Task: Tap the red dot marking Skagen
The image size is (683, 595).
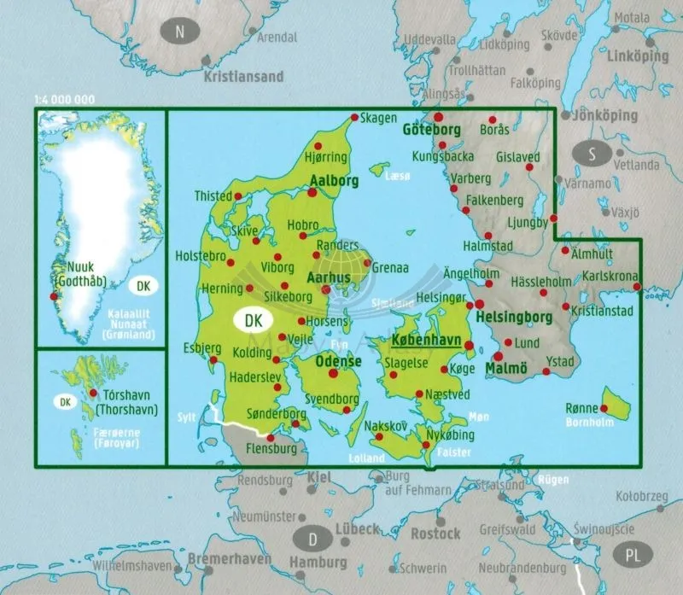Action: [x=354, y=118]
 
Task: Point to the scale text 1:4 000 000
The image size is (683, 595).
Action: [x=65, y=101]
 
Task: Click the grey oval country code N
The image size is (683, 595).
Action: [x=179, y=32]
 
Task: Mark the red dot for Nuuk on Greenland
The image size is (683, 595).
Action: [x=55, y=296]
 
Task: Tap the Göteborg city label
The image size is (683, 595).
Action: [x=430, y=130]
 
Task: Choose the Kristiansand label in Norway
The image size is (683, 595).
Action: [x=243, y=76]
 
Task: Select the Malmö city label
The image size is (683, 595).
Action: [x=507, y=368]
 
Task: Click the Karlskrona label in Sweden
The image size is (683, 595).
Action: [x=610, y=277]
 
